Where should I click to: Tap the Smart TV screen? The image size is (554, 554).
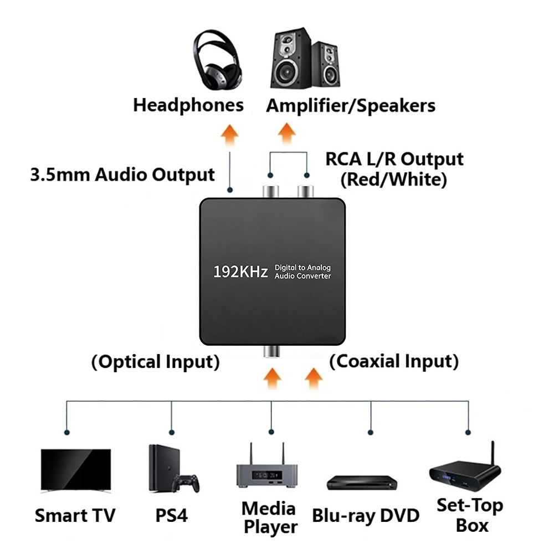[76, 470]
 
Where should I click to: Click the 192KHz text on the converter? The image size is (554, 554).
[240, 271]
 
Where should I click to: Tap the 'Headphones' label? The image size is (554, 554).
[188, 105]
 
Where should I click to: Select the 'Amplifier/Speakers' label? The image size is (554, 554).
[351, 105]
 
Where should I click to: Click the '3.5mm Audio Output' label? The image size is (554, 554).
[122, 175]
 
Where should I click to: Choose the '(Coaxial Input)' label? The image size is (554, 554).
[394, 361]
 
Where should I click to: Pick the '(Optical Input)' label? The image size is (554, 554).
[156, 362]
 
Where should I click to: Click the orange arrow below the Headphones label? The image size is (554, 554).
[230, 135]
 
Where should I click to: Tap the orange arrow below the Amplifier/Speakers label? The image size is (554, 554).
[286, 134]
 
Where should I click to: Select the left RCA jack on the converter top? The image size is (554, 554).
[271, 192]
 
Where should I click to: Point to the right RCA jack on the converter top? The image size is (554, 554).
[306, 192]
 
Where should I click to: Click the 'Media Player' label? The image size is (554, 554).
[270, 517]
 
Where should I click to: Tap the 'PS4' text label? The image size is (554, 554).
[172, 515]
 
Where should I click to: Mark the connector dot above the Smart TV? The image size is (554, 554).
[67, 433]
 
